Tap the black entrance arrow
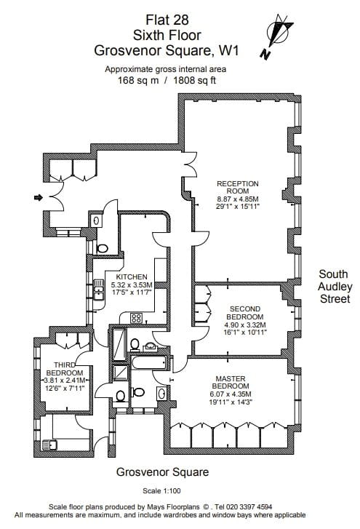tap(39, 197)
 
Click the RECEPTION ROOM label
tap(238, 187)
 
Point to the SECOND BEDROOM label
tap(245, 313)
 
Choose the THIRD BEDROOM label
tap(65, 369)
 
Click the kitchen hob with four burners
tap(136, 317)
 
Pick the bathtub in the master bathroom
tap(148, 362)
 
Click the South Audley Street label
tap(335, 287)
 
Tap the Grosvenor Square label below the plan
tap(162, 472)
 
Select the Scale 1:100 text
tap(161, 491)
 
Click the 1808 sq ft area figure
tap(195, 80)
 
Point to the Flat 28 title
tap(167, 20)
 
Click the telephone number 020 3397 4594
tap(249, 506)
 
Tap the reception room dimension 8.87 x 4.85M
tap(238, 199)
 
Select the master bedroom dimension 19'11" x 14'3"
tap(231, 402)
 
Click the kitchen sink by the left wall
tap(98, 290)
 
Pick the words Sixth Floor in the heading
tap(167, 35)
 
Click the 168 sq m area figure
tap(138, 81)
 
